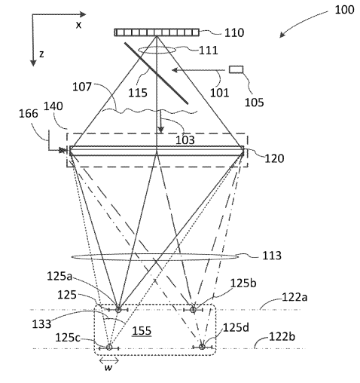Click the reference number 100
point(344,10)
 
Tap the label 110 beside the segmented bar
point(233,33)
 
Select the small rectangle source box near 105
point(236,69)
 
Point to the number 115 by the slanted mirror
point(138,93)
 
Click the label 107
point(82,87)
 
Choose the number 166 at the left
point(29,114)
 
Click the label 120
point(274,158)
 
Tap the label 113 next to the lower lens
point(272,256)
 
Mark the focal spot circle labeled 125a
point(118,310)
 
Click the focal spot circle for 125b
point(193,310)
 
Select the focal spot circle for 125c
point(109,348)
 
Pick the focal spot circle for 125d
point(202,347)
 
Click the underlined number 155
point(142,331)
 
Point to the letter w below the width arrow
point(108,368)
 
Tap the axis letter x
point(79,25)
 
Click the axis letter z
point(41,54)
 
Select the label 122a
point(294,297)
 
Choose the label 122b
point(282,336)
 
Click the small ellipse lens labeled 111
point(157,50)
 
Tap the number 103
point(185,140)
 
